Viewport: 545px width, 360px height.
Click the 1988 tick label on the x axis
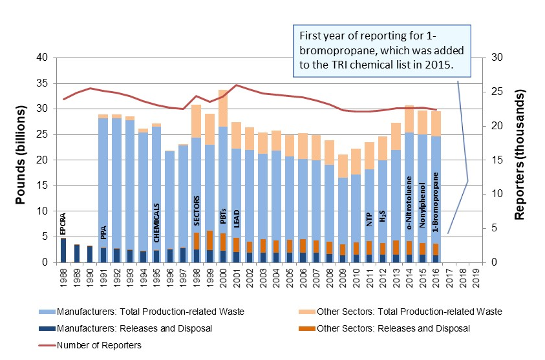(x=63, y=275)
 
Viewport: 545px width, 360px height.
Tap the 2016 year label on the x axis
(x=436, y=275)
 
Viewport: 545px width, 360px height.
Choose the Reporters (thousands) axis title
(x=519, y=159)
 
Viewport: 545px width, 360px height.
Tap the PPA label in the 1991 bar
(x=103, y=232)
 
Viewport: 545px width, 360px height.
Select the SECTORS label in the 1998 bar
(x=197, y=208)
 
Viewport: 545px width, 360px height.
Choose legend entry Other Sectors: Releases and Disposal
(x=387, y=328)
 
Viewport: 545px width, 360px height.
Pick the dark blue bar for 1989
(x=77, y=253)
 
